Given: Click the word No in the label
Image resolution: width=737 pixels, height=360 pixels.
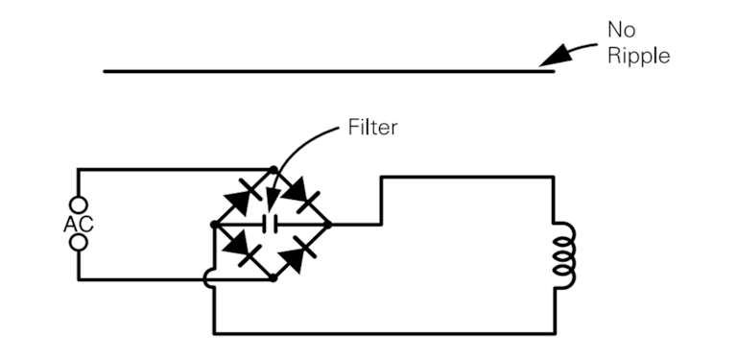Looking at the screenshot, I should pos(621,31).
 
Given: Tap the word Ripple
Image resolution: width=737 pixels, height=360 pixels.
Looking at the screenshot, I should pos(638,55).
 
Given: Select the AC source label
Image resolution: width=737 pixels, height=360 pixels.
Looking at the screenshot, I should pos(77,224).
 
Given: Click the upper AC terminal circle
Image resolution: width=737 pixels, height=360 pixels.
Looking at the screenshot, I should pos(78,204).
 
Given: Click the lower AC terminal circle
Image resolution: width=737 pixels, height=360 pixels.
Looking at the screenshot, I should pos(78,242).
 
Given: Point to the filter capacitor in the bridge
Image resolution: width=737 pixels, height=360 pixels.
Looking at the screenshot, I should pos(272,225).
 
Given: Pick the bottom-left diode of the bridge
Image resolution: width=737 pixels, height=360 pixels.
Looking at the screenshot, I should pos(244,251).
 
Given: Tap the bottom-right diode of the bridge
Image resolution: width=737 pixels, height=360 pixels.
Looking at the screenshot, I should pos(301,251).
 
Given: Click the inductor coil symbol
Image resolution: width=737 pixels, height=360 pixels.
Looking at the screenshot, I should pos(567,256).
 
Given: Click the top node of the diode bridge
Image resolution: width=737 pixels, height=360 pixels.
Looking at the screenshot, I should pos(273,170).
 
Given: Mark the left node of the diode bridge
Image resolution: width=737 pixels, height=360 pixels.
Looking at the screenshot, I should pos(213,225).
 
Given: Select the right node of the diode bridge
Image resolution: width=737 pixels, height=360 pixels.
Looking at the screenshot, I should pos(329,225).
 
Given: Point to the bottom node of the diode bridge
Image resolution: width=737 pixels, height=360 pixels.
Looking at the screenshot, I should pos(273,278).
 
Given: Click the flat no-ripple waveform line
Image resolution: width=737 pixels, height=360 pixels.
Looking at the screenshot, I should pos(326,70).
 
